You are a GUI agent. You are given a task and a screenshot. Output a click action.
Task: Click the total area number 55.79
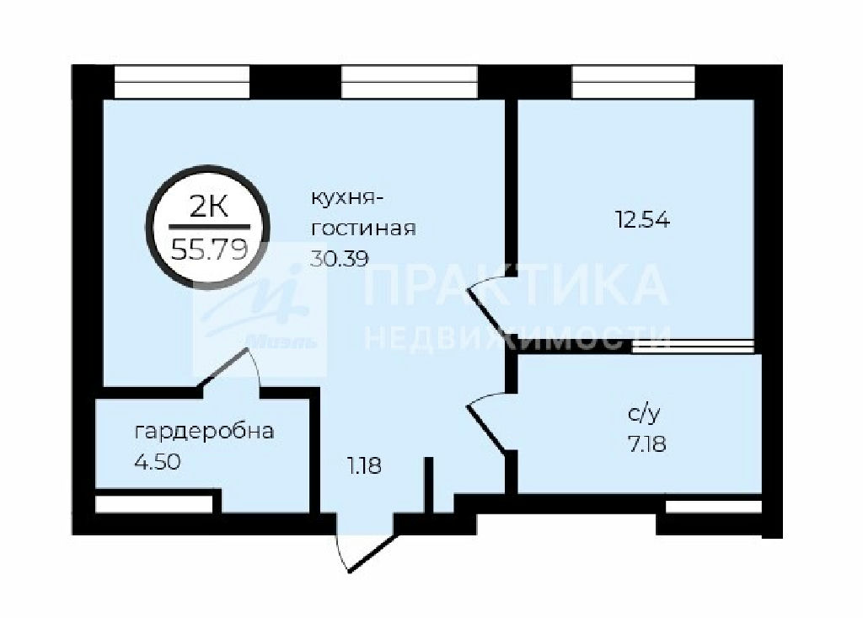coord(209,250)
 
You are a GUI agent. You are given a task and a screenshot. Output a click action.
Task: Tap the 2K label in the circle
coord(208,207)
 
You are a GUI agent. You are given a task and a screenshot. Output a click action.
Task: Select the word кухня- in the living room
coord(346,198)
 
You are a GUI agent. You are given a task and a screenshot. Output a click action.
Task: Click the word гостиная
coord(363,228)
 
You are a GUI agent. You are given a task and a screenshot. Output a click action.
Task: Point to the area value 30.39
coord(339,258)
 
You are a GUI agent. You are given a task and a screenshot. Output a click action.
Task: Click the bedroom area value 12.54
coord(642,220)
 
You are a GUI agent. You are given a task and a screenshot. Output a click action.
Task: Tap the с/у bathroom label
coord(643,415)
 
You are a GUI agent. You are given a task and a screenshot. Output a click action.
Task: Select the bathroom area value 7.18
coord(646,443)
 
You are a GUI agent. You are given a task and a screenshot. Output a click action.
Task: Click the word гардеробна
coord(204,432)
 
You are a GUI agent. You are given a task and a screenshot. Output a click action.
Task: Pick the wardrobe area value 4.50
coord(158,461)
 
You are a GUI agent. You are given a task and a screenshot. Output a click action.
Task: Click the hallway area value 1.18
coord(364,467)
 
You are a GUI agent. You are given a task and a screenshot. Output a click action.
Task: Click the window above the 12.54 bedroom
coord(634,82)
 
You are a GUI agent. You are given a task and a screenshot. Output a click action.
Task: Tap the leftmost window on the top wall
coord(182,82)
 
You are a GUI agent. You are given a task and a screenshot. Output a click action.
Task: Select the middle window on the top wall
coord(410,82)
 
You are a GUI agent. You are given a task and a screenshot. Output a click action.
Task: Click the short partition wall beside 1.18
coord(429,485)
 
